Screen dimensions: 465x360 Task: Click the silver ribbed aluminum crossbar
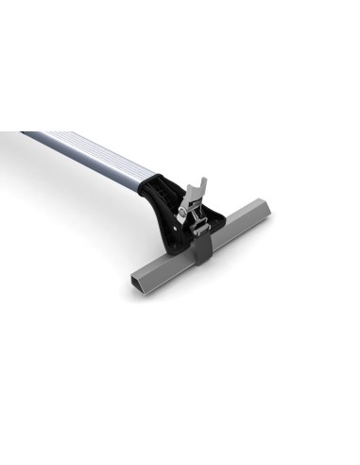90,151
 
